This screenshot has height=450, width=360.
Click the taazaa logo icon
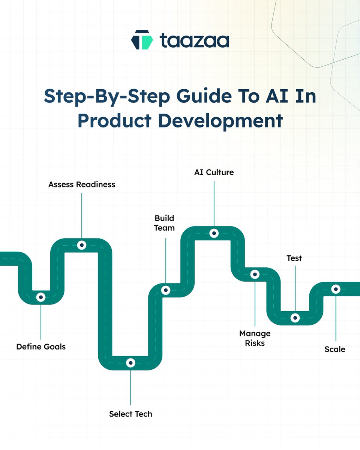coord(142,40)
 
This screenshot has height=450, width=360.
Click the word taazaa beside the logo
coord(194,40)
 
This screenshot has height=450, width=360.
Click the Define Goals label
coord(41,347)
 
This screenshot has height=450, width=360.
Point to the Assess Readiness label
coord(82,184)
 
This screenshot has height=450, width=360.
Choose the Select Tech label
coord(130,414)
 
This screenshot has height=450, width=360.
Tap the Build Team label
coord(165,223)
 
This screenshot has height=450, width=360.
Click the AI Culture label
coord(214,172)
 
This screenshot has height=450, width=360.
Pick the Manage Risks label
coord(255,338)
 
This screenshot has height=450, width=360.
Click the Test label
coord(294,258)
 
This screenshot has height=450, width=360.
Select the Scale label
coord(335,349)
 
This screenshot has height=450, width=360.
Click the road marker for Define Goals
coord(40,297)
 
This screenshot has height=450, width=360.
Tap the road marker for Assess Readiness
coord(82,245)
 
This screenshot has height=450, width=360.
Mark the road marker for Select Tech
coord(130,363)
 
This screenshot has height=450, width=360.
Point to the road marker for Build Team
coord(165,290)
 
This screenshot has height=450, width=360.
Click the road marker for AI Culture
coord(214,233)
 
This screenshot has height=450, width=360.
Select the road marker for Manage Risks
coord(255,274)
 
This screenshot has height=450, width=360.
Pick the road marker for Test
coord(295,318)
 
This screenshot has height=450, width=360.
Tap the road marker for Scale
coord(336,289)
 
